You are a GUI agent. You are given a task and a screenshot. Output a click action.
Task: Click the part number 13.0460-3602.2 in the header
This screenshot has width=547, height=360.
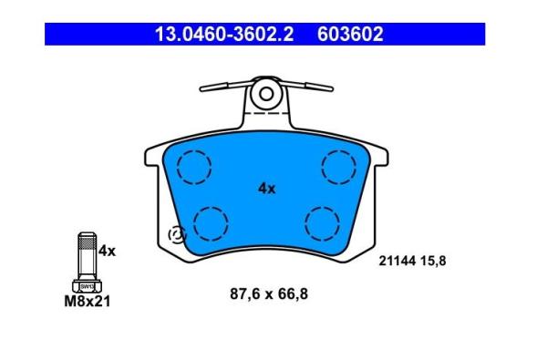click(x=224, y=35)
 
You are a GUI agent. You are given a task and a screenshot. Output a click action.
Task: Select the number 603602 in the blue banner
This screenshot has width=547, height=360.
click(x=350, y=35)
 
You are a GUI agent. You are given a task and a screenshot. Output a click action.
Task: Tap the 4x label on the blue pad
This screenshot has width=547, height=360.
click(x=267, y=189)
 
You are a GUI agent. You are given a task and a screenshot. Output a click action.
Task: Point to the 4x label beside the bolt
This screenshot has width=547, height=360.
click(x=107, y=251)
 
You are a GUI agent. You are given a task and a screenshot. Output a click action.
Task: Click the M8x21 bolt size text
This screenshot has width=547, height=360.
click(x=88, y=302)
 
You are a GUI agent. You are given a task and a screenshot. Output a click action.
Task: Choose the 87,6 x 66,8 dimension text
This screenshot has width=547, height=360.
click(x=269, y=294)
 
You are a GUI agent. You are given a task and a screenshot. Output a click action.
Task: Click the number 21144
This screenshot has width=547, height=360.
click(x=397, y=261)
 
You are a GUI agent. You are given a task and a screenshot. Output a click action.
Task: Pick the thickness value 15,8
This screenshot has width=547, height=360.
click(x=433, y=261)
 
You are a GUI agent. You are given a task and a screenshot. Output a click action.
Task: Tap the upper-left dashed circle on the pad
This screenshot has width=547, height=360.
click(x=194, y=168)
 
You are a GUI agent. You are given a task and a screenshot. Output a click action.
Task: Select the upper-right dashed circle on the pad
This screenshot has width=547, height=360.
click(x=339, y=168)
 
